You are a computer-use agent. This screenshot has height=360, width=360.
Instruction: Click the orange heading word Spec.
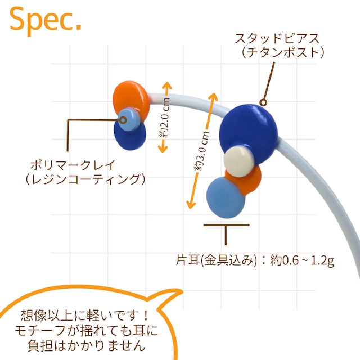point(46,21)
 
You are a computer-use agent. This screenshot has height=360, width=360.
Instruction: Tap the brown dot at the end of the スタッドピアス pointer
point(263,103)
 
